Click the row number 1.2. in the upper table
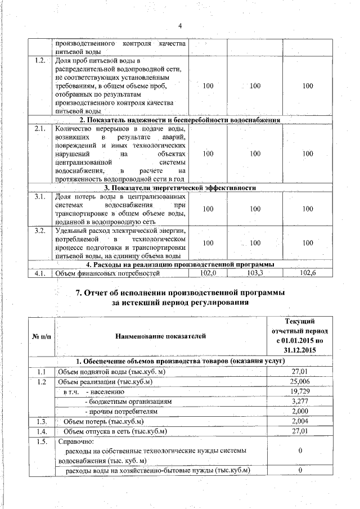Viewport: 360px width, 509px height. (39, 61)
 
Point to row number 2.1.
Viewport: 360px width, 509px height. (39, 129)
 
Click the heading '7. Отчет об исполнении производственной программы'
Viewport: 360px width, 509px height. (179, 293)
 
